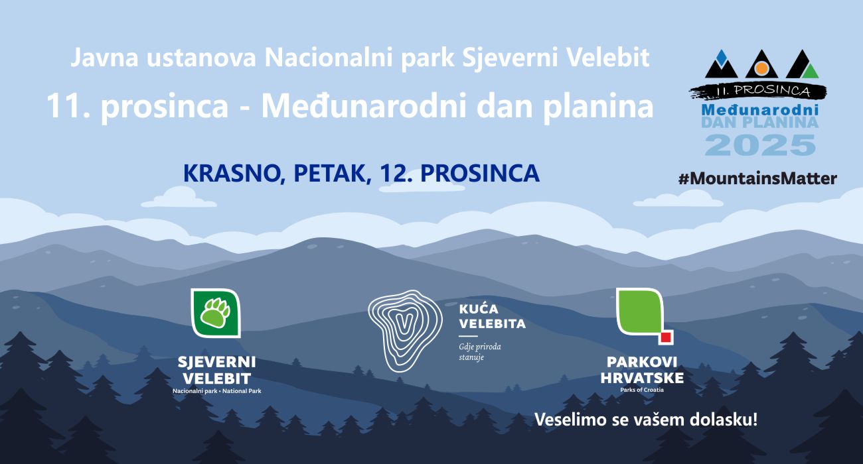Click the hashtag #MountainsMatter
pyautogui.click(x=757, y=178)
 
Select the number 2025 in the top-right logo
pyautogui.click(x=760, y=145)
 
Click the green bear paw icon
pyautogui.click(x=216, y=312)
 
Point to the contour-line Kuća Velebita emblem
pyautogui.click(x=405, y=329)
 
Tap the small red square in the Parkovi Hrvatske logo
pyautogui.click(x=666, y=337)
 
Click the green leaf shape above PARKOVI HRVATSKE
pyautogui.click(x=639, y=311)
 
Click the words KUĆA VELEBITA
pyautogui.click(x=492, y=317)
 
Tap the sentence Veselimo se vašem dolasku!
pyautogui.click(x=645, y=420)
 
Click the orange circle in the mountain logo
pyautogui.click(x=762, y=68)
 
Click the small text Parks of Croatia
pyautogui.click(x=641, y=390)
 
